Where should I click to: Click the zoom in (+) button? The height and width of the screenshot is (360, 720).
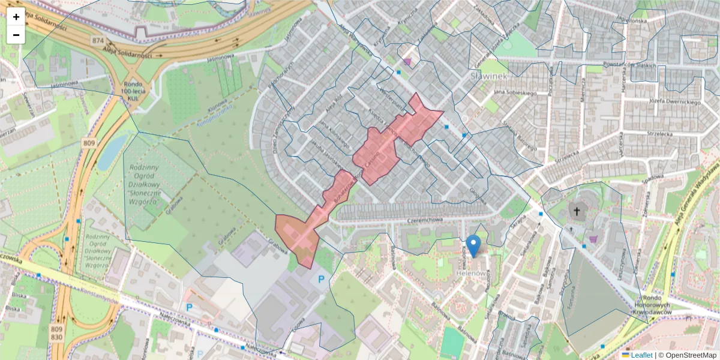click(x=16, y=17)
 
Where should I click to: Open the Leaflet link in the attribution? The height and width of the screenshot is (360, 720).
click(x=641, y=355)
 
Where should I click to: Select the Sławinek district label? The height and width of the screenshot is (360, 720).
click(x=489, y=76)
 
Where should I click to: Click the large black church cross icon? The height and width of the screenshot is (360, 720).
click(x=577, y=211)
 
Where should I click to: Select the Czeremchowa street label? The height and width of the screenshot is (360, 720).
click(x=424, y=221)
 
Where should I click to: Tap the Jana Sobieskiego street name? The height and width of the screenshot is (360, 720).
click(x=514, y=93)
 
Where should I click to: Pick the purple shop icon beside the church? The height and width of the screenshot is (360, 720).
click(x=593, y=239)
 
